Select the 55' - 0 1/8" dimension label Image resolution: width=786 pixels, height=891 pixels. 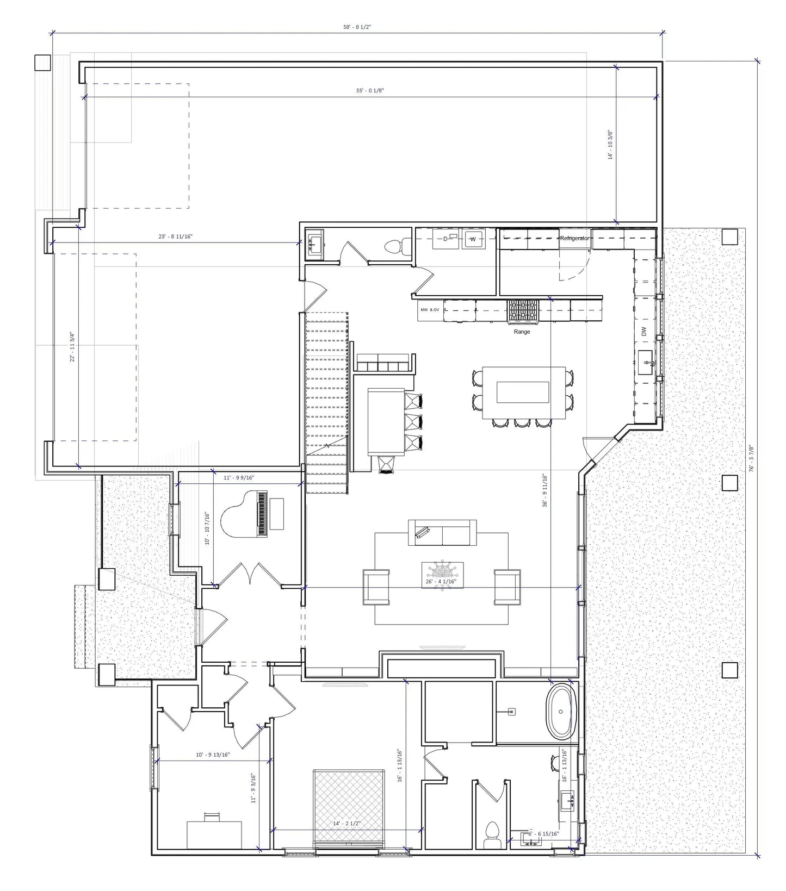click(370, 90)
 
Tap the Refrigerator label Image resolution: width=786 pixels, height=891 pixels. click(574, 238)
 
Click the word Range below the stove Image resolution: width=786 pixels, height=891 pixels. click(522, 332)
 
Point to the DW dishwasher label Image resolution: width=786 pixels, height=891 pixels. click(644, 331)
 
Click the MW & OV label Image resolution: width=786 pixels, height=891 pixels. click(430, 310)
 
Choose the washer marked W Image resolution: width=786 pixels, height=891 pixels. click(473, 239)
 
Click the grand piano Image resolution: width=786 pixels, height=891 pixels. click(245, 514)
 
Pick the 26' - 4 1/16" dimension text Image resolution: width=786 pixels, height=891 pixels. click(441, 582)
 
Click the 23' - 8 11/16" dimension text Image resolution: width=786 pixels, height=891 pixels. click(175, 236)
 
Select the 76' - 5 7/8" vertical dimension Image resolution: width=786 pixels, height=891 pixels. click(751, 458)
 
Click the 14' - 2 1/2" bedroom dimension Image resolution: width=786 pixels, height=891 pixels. click(347, 824)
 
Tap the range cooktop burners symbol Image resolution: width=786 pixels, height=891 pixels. click(523, 311)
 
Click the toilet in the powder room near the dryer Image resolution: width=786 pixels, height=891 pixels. click(394, 247)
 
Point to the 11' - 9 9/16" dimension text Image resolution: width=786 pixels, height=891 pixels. click(239, 478)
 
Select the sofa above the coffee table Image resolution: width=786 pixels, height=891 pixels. click(442, 532)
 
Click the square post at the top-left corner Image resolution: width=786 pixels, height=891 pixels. click(42, 63)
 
